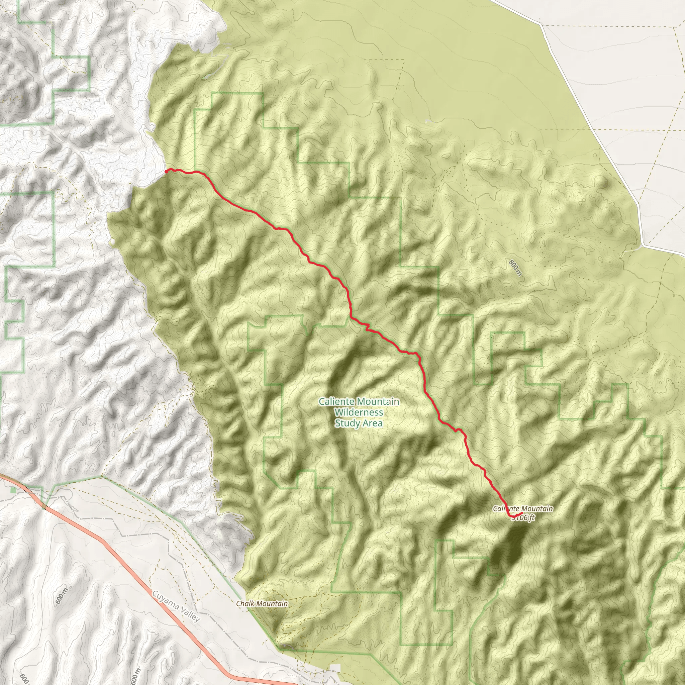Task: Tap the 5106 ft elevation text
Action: (524, 518)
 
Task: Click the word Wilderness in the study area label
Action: (359, 412)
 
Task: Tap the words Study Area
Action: (359, 423)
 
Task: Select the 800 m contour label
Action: (515, 268)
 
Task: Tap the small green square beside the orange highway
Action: (13, 490)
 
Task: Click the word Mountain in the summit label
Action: (537, 509)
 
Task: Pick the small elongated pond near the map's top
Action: (206, 77)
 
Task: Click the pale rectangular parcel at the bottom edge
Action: (335, 668)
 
